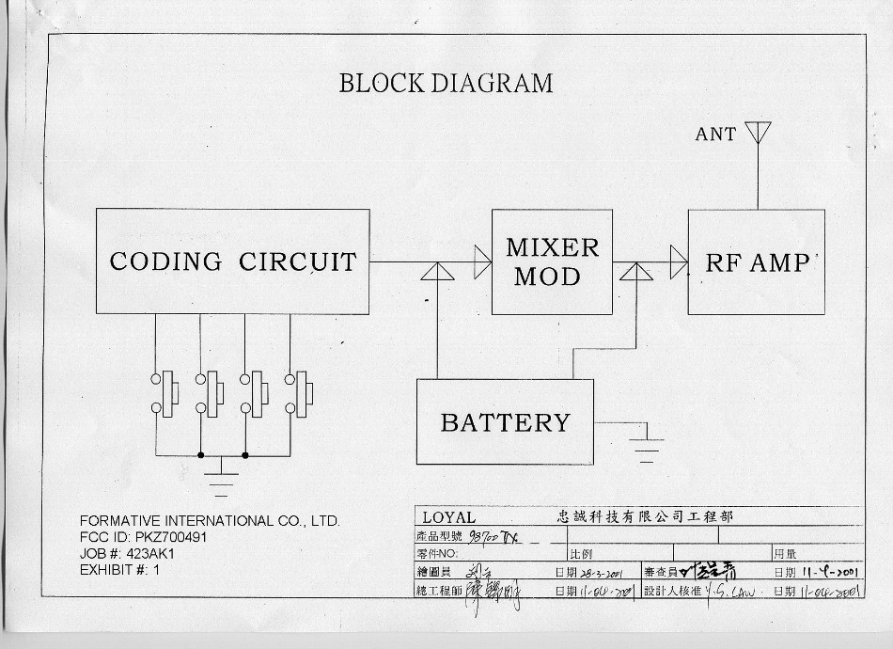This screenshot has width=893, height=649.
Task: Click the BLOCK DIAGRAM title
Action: coord(446,83)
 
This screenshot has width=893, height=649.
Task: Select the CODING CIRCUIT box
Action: coord(232,261)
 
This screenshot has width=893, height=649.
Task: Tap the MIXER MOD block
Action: coord(552,261)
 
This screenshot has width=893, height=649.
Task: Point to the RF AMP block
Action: coord(756,261)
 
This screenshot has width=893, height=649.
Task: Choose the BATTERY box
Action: coord(505,422)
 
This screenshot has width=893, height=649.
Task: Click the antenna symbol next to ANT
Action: coord(758,132)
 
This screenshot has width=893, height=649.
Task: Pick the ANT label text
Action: coord(715,135)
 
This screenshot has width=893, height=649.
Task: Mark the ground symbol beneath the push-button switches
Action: coord(221,477)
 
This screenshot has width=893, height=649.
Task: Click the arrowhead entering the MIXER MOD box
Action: coord(482,261)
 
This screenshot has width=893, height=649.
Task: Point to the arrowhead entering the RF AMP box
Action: coord(679,261)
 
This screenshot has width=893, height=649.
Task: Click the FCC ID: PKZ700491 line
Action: coord(143,537)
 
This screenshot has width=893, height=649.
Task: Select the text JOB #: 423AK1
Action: coord(128,553)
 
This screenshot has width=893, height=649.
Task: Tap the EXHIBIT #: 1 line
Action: coord(120,569)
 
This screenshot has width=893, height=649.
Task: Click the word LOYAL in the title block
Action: coord(448,517)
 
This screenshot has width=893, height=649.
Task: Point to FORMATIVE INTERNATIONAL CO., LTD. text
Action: coord(210,521)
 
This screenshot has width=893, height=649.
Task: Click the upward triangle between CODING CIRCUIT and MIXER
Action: coord(437,272)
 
